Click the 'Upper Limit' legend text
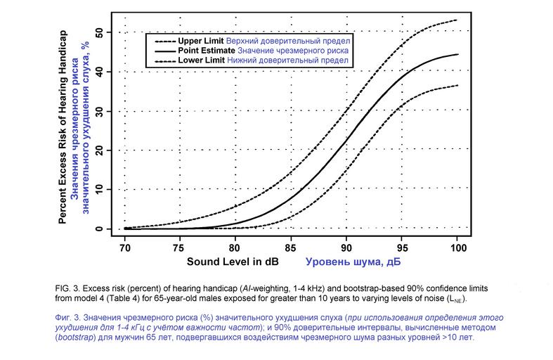(x=202, y=40)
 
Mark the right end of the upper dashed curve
(x=457, y=20)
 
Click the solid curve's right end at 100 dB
(x=457, y=54)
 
